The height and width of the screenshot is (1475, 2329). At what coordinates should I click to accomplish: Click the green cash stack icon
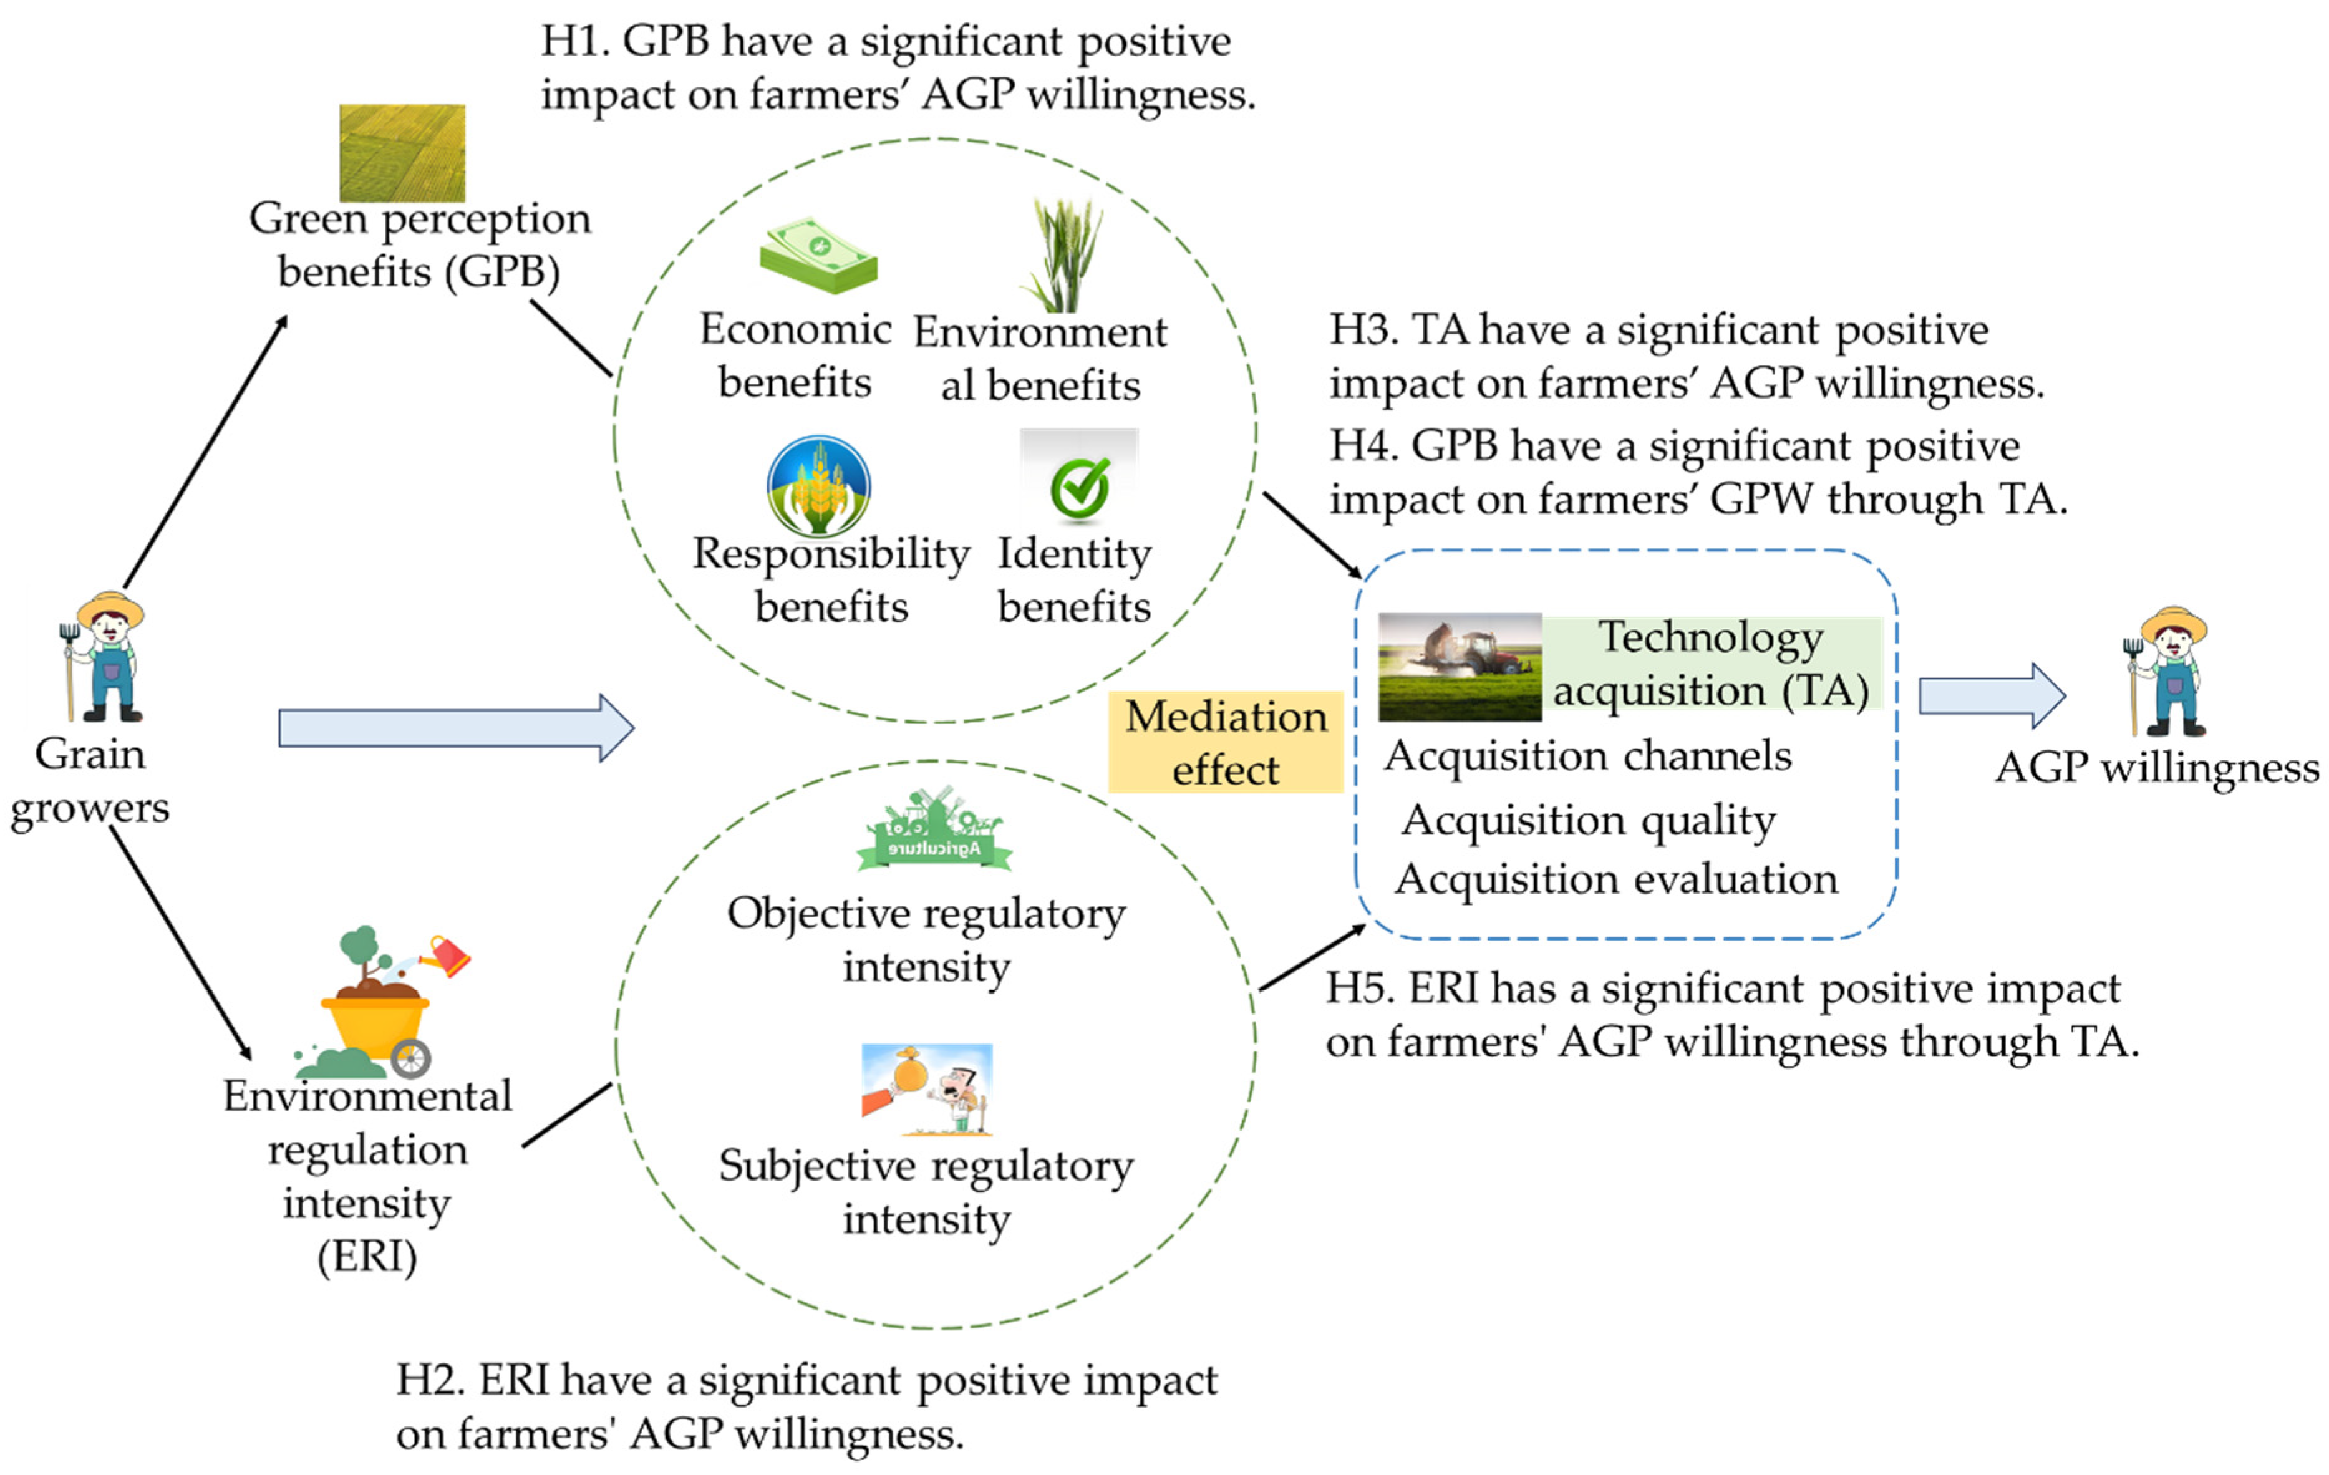(x=818, y=254)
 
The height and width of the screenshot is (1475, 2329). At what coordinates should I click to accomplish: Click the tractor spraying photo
(x=1458, y=667)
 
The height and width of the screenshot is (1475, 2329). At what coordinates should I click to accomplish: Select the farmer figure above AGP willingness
(x=2171, y=672)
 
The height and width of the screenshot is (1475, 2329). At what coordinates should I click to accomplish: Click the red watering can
(x=449, y=955)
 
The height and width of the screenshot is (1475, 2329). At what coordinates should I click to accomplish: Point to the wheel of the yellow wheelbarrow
(x=411, y=1058)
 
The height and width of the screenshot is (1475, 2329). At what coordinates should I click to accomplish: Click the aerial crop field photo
(x=402, y=153)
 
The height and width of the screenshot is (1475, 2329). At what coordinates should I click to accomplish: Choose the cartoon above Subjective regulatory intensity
(x=927, y=1089)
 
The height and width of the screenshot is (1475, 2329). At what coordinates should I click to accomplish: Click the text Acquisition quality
(x=1588, y=820)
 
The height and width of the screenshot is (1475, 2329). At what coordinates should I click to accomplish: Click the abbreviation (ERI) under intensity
(x=367, y=1257)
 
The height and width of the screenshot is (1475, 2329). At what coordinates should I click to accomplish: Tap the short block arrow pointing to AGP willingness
(x=1990, y=695)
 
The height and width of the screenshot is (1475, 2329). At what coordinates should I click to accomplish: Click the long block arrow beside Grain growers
(x=455, y=727)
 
